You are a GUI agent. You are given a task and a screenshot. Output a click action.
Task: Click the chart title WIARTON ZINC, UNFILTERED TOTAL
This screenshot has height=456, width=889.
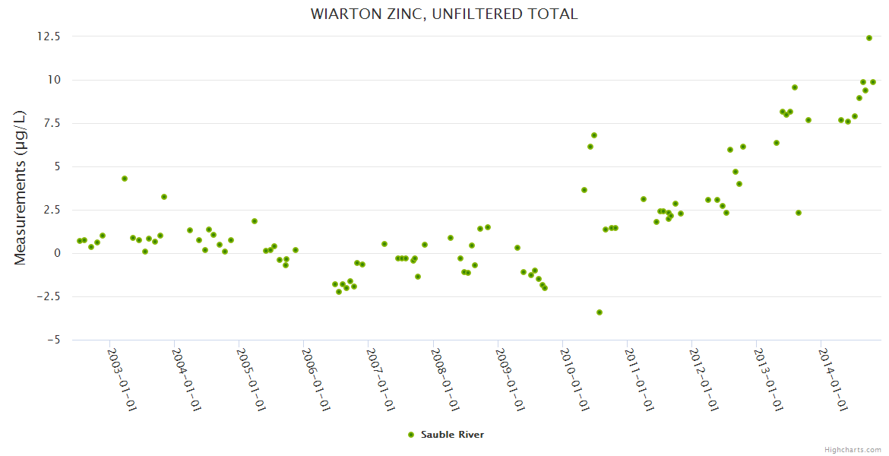point(444,14)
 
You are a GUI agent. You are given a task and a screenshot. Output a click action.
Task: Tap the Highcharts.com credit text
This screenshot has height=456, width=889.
point(853,449)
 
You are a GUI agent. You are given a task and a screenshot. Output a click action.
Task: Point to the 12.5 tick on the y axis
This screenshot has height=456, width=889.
point(52,36)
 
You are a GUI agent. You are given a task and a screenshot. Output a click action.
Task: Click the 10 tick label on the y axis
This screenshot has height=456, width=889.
point(55,80)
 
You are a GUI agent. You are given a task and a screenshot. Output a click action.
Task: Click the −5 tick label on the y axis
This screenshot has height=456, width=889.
point(53,340)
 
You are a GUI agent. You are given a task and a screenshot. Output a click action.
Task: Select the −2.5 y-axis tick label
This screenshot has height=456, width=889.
point(49,296)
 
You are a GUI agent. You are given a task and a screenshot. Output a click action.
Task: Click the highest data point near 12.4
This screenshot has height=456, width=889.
point(868,38)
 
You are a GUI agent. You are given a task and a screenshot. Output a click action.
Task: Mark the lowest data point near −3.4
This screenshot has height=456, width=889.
point(600,312)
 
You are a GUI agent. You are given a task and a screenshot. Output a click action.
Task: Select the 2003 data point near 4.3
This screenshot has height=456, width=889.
point(125,179)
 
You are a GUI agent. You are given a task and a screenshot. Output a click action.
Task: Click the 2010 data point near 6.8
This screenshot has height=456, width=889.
point(594,135)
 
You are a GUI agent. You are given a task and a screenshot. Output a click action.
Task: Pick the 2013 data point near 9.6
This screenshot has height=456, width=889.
point(795,87)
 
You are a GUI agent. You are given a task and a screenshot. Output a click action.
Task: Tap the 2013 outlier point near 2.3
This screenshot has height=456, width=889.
point(799,213)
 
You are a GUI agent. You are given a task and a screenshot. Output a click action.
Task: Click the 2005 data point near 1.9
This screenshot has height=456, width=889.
point(255,221)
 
